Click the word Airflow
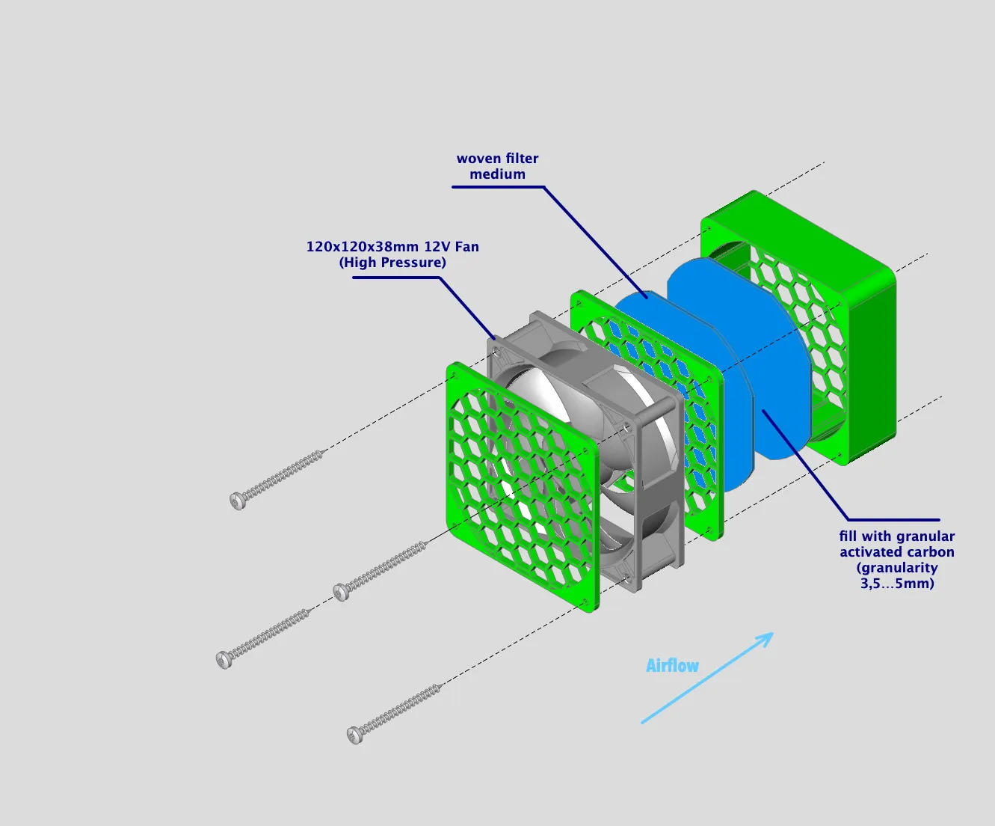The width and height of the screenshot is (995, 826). pyautogui.click(x=672, y=666)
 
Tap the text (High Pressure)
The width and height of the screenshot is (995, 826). pyautogui.click(x=392, y=263)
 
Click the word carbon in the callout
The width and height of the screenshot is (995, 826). pyautogui.click(x=927, y=552)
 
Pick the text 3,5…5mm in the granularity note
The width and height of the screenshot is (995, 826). pyautogui.click(x=897, y=584)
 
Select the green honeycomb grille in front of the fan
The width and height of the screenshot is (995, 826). pyautogui.click(x=523, y=486)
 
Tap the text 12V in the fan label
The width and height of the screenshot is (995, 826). pyautogui.click(x=437, y=247)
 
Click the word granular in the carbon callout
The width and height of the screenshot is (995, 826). pyautogui.click(x=925, y=536)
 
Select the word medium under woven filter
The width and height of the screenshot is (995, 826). pyautogui.click(x=497, y=174)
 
